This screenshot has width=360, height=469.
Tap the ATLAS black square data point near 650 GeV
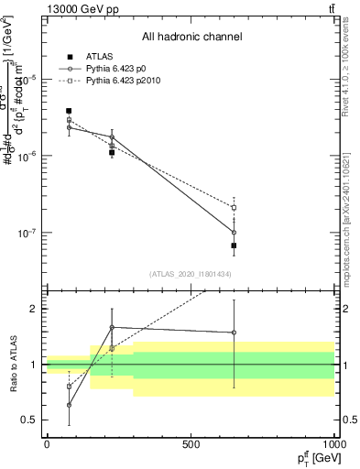coord(235,245)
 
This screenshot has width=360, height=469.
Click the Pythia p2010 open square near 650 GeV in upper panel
coord(235,208)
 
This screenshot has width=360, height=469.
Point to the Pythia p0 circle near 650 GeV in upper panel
coord(235,233)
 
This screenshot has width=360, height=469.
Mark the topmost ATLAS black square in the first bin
coord(69,111)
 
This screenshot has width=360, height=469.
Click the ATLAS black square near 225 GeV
coord(112,153)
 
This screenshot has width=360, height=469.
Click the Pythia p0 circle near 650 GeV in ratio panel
coord(235,333)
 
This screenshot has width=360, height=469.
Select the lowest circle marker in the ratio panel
coord(69,405)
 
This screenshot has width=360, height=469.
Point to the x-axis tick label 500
coord(191,444)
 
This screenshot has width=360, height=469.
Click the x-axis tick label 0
coord(46,444)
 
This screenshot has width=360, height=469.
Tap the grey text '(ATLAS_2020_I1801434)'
coord(191,274)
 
